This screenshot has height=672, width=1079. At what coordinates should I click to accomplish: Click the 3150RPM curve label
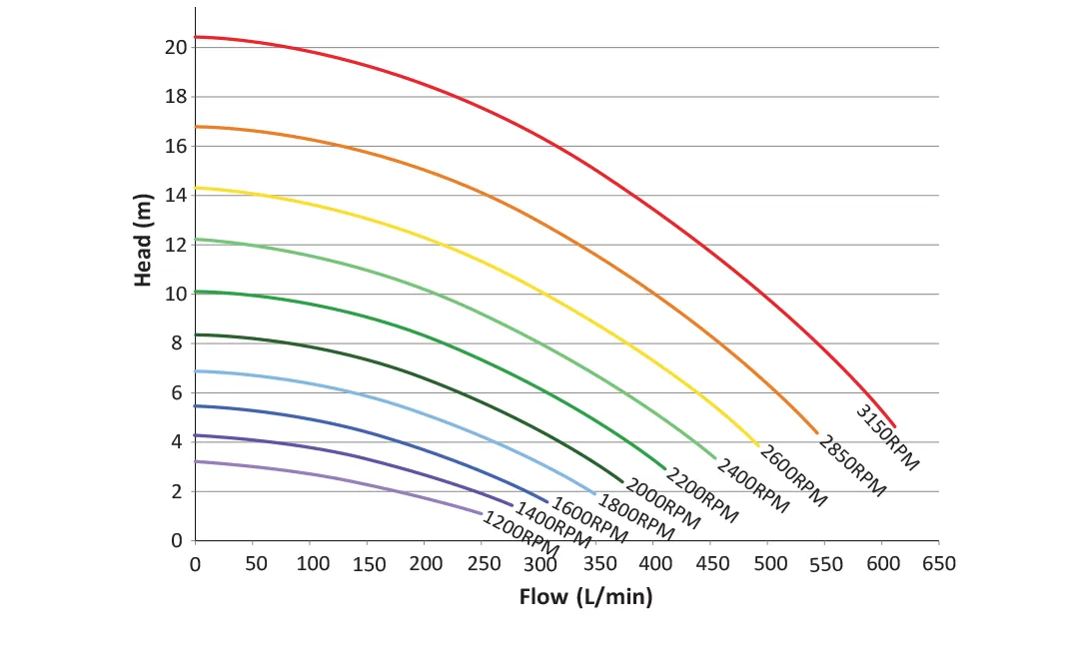[x=887, y=436]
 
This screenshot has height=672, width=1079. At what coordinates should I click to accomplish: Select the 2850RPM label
[x=852, y=465]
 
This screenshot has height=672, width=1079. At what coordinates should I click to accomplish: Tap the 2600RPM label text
[x=793, y=476]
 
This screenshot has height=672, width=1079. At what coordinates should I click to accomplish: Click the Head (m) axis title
[x=144, y=247]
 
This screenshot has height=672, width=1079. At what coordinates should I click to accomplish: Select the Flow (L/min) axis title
[x=585, y=597]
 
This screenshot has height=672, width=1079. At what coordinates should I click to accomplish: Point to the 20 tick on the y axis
[x=176, y=47]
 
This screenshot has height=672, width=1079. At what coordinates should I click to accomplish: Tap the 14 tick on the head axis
[x=176, y=195]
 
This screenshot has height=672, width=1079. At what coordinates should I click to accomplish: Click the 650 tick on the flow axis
[x=938, y=564]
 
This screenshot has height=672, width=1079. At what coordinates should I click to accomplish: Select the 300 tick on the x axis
[x=540, y=564]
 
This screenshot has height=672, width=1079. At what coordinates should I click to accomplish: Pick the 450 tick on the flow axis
[x=712, y=564]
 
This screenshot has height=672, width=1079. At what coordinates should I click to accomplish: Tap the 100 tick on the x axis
[x=312, y=564]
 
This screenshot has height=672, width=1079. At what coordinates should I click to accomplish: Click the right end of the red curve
[x=894, y=426]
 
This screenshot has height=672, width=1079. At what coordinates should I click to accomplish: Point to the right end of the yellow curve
[x=758, y=445]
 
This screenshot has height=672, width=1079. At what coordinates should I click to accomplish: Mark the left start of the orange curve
[x=196, y=127]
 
